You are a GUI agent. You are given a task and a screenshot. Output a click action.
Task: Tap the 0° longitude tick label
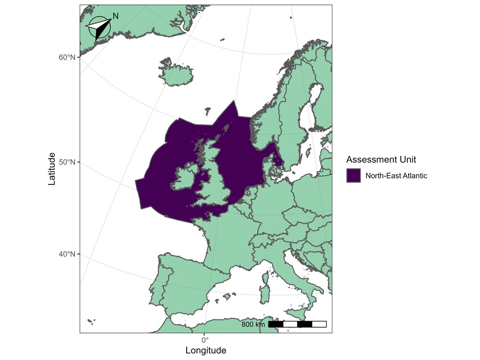coord(205,339)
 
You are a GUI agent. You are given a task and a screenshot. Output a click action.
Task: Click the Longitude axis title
coord(206,351)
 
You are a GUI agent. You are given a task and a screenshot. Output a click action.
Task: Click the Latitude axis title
coord(52,169)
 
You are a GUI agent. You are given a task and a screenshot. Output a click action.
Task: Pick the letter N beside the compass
coord(116,16)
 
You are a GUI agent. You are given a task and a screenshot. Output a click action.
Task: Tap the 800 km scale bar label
coord(253,325)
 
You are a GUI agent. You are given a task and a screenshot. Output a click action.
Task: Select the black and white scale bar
coord(297,324)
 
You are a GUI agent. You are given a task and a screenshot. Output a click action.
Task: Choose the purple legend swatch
coord(353,176)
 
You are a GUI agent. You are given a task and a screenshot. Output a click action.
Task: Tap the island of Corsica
coord(265,280)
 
